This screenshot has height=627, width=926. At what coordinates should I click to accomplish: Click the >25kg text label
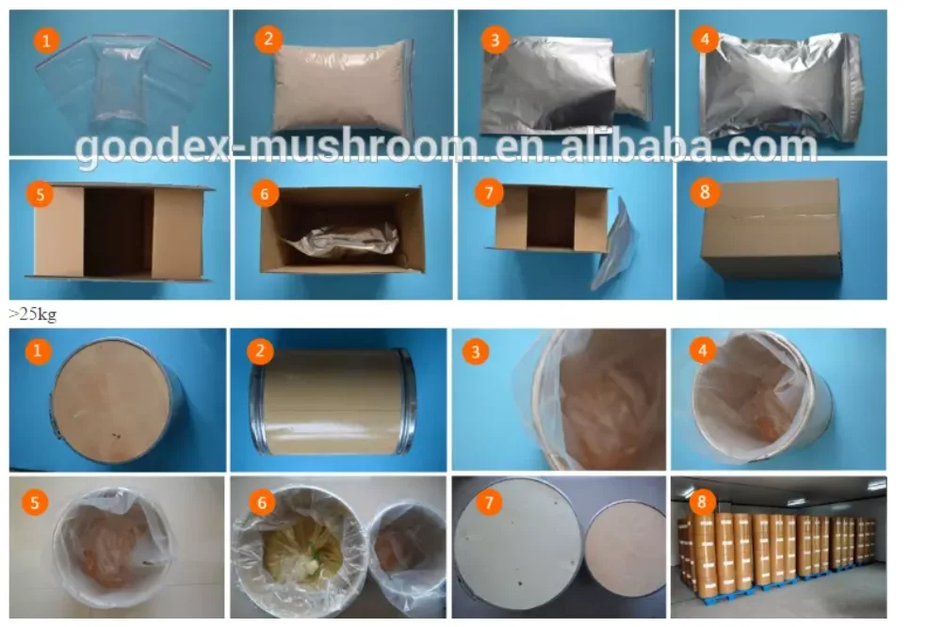coord(32,313)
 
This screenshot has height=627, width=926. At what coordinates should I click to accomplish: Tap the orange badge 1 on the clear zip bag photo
coord(48,40)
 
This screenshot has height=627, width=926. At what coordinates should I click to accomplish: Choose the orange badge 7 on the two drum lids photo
coord(487,502)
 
